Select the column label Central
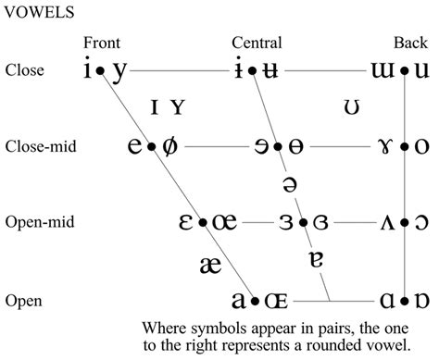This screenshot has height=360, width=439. [257, 43]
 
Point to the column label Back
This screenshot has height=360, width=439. [408, 43]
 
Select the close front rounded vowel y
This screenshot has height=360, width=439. [119, 70]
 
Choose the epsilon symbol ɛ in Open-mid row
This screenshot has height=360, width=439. [185, 223]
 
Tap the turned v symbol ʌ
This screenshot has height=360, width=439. [388, 223]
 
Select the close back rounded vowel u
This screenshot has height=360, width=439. [421, 70]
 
